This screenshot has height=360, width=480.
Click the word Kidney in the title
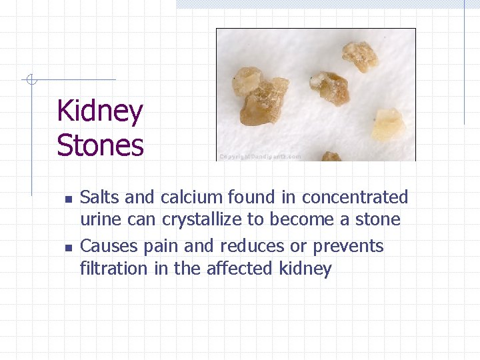point(100,111)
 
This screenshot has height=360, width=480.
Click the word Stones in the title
point(100,145)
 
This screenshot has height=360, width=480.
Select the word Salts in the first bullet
point(100,197)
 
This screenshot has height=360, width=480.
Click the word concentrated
point(355,197)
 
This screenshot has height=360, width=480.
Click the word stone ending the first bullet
point(377,220)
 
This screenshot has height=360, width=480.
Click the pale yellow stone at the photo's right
point(388,125)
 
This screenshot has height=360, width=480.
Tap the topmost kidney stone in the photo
point(360,55)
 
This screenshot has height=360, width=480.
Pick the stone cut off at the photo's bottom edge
point(331,157)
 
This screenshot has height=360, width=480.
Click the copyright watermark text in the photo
point(260,157)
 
